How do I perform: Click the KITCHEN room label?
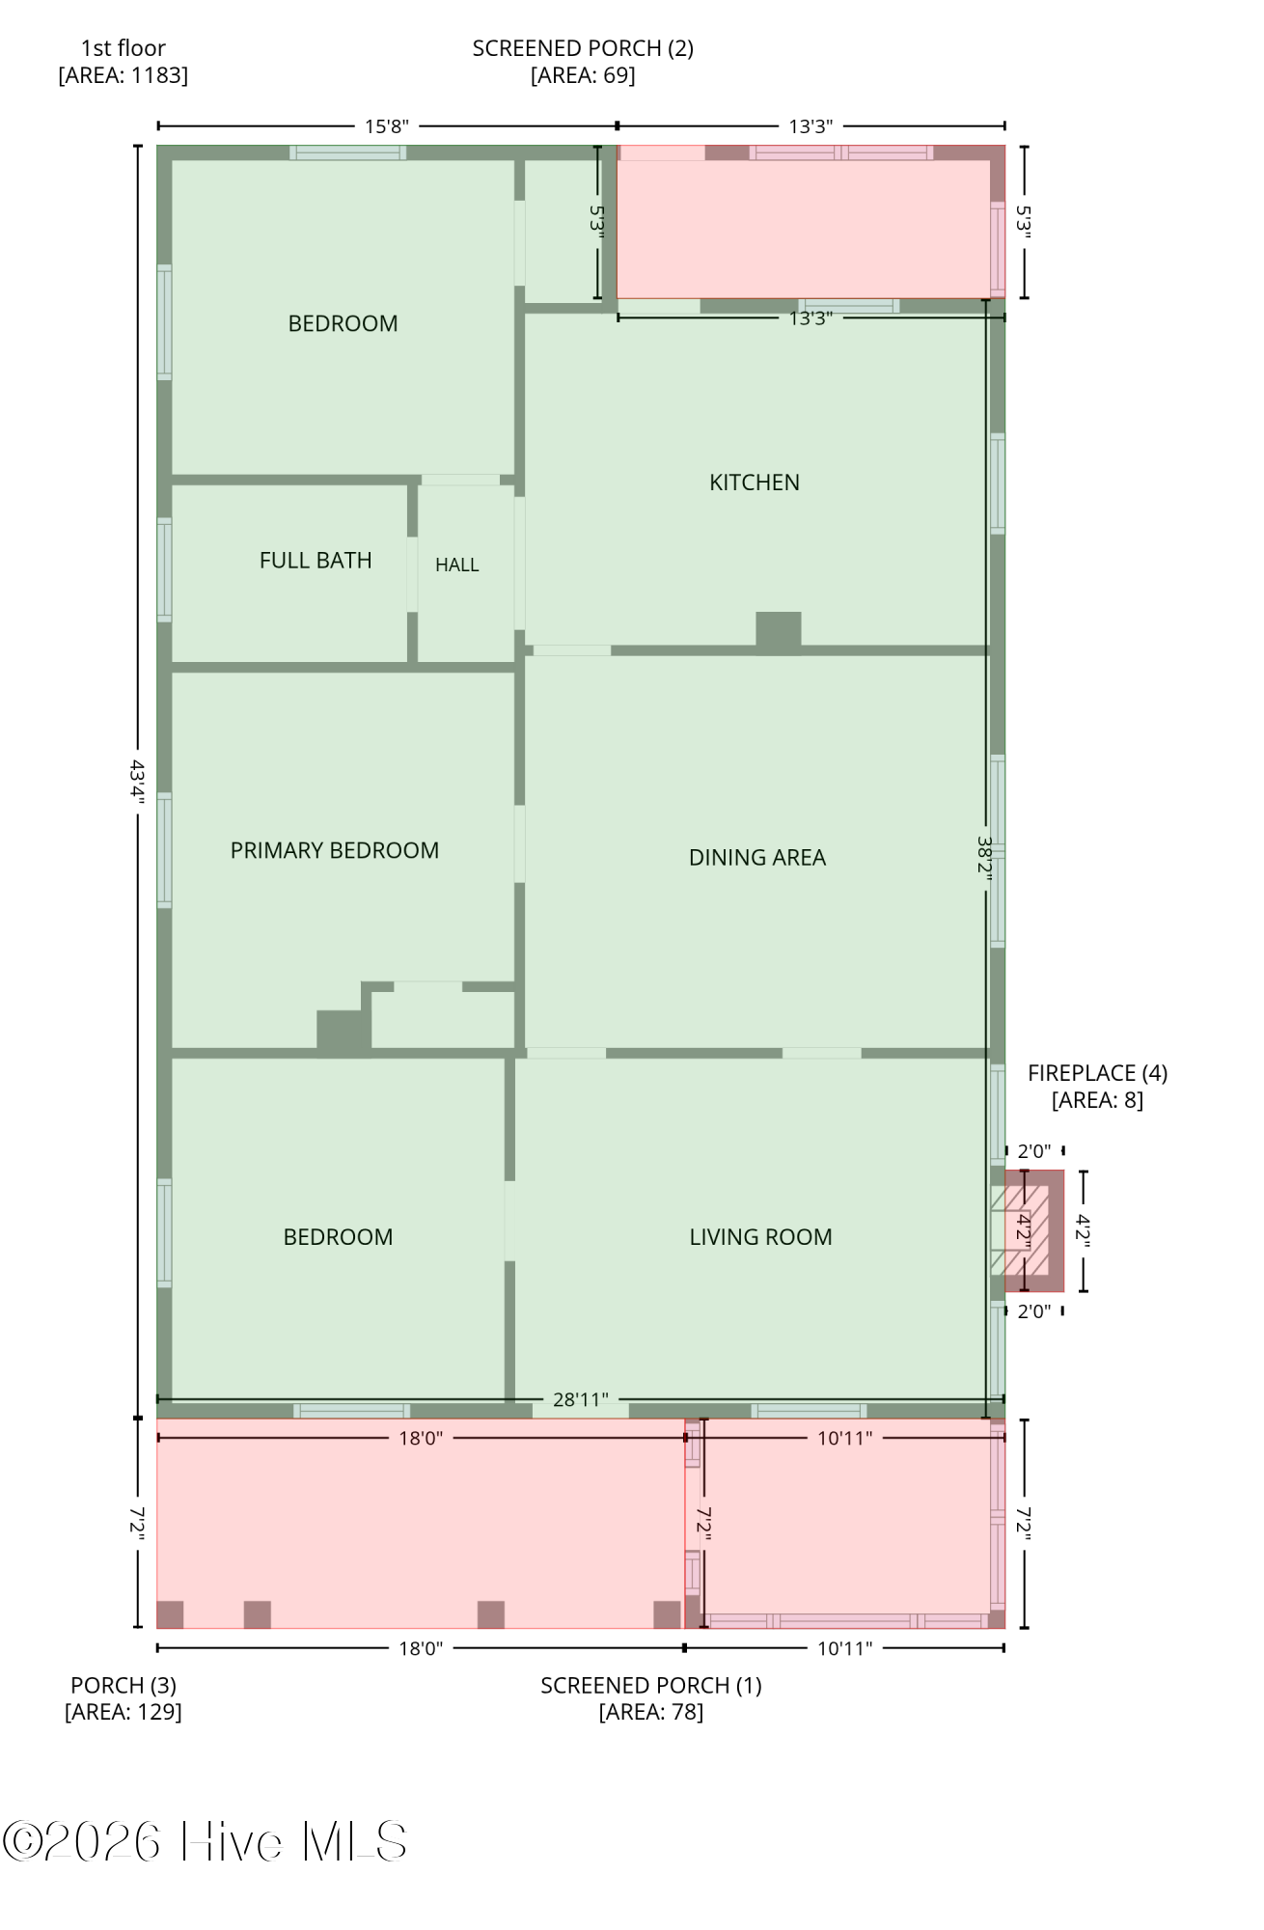point(755,482)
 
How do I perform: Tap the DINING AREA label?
point(757,858)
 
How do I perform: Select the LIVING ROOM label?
point(760,1237)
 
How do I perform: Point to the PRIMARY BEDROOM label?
point(335,850)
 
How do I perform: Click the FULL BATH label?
point(316,561)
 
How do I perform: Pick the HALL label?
point(456,565)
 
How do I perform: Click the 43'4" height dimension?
point(138,782)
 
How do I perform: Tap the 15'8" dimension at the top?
point(387,125)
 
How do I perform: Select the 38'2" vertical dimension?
point(985,855)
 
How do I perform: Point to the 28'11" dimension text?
point(580,1399)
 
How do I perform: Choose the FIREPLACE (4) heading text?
point(1097,1073)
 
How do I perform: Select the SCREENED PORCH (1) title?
point(651,1686)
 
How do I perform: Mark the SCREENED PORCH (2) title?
point(583,48)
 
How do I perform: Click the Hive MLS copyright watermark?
point(205,1842)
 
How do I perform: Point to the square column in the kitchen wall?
point(778,632)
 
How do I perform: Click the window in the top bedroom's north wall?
point(347,152)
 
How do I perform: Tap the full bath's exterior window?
point(165,570)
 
